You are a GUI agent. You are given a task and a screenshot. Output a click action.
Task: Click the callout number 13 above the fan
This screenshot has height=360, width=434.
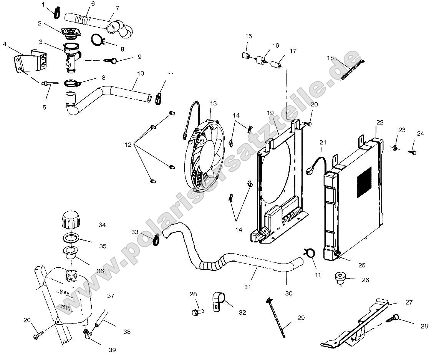[x=214, y=103]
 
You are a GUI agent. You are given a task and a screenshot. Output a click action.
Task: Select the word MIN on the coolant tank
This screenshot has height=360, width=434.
[x=66, y=306]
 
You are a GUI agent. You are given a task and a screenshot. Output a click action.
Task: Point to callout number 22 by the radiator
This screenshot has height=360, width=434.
[x=380, y=123]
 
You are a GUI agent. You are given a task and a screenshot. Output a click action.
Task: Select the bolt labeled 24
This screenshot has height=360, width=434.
[x=414, y=153]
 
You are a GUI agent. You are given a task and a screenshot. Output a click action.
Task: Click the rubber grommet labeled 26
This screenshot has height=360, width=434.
[x=340, y=278]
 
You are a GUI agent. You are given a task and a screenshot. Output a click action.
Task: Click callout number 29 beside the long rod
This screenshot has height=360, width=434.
[x=301, y=318]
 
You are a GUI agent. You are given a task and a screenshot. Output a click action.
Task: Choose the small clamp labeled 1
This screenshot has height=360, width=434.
[x=56, y=13]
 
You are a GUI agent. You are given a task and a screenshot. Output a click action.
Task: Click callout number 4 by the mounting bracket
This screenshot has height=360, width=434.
[x=5, y=44]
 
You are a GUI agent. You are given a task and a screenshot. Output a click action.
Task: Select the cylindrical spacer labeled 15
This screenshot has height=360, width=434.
[x=246, y=55]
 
